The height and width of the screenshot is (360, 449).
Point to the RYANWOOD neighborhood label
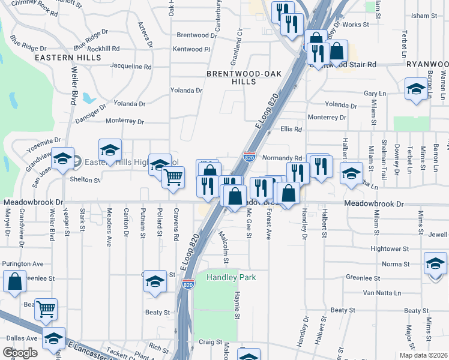[x=427, y=64]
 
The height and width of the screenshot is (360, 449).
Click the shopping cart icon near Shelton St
[x=173, y=177]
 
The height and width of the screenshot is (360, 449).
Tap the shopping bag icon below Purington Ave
[x=14, y=280]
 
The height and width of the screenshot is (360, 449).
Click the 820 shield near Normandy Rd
[x=250, y=157]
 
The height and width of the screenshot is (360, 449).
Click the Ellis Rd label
[x=291, y=129]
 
